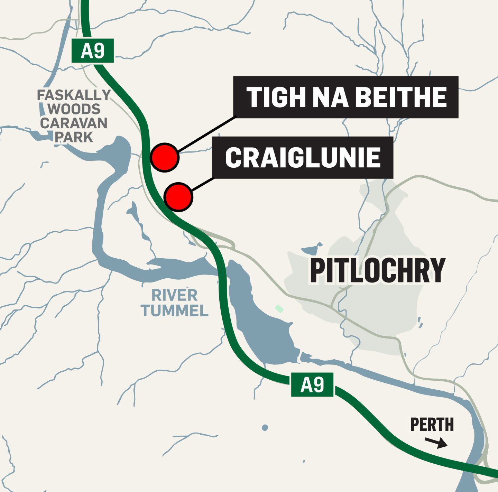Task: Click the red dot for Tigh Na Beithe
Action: click(165, 157)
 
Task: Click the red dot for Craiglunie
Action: click(178, 197)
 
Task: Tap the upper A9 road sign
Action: click(92, 51)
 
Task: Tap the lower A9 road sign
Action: click(312, 384)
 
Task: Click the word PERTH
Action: click(432, 425)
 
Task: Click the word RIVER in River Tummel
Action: click(174, 296)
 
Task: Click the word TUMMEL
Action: click(174, 311)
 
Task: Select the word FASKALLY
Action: click(74, 95)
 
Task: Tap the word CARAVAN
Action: click(74, 123)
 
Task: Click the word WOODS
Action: click(74, 109)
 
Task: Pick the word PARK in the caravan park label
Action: click(74, 137)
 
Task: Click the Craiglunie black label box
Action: click(303, 158)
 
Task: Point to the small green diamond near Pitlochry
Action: click(279, 308)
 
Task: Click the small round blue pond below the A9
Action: click(265, 428)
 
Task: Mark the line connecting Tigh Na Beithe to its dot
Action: click(207, 134)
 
